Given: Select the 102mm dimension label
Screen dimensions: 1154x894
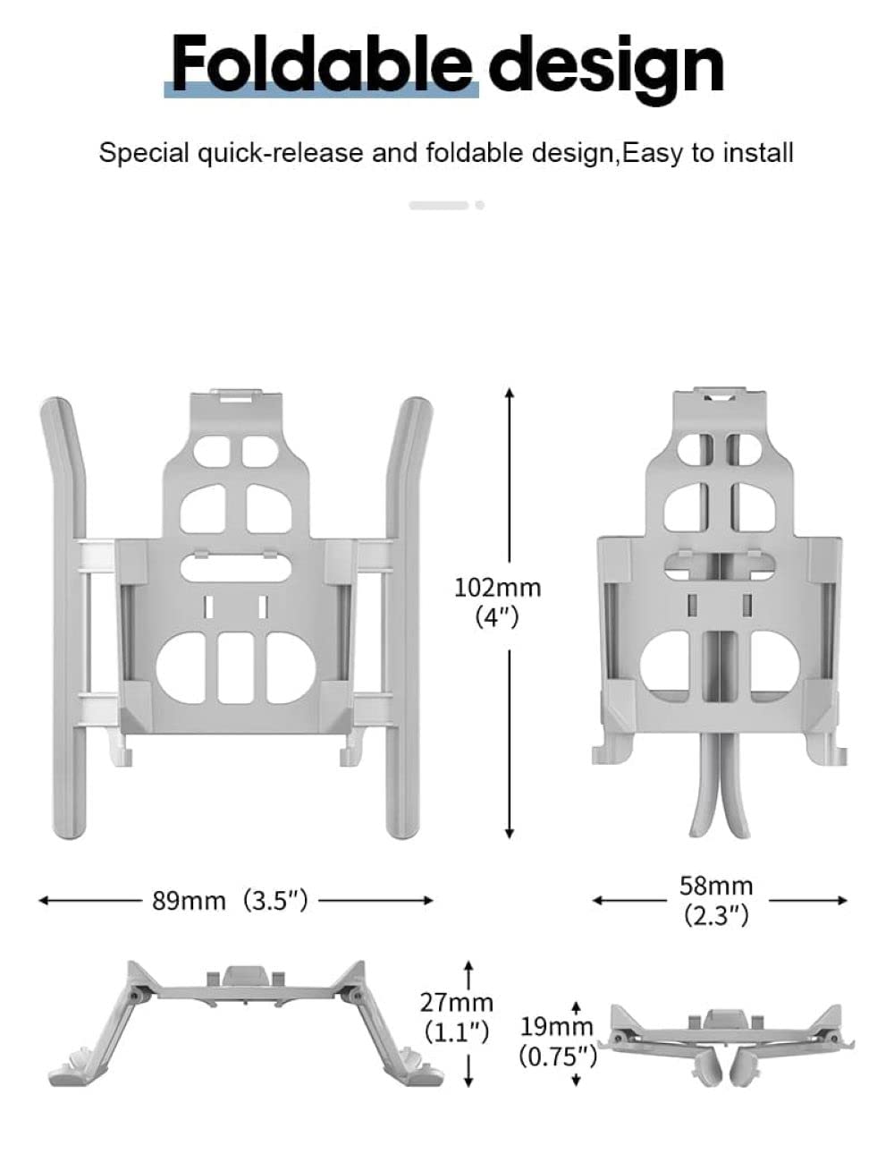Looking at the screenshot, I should coord(498,588).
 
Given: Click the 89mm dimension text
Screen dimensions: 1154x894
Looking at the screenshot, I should coord(189,900).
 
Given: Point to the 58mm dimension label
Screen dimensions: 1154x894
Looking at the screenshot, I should coord(716,886).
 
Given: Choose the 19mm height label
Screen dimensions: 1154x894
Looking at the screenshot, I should coord(556,1026).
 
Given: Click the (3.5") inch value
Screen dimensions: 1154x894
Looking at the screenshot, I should coord(276,900).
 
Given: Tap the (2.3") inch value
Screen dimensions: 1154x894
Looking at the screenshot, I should coord(716,915).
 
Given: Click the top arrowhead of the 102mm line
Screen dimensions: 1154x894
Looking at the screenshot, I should coord(510,394).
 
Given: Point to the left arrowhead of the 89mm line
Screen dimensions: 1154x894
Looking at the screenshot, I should coord(43,900).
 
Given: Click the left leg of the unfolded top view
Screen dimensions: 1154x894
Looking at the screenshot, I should coord(64,617).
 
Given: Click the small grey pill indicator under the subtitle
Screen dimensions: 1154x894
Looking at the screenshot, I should coord(439,206).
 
